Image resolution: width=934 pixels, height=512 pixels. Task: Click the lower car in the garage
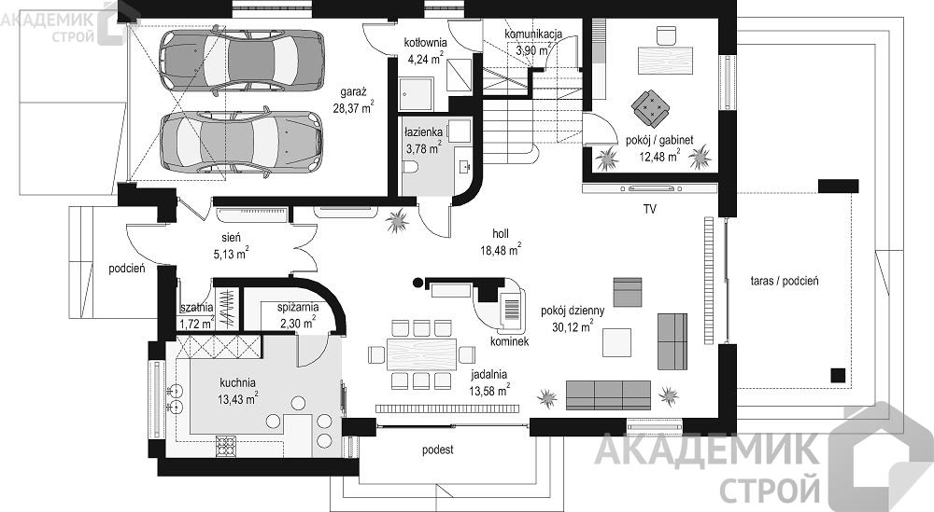tap(242, 142)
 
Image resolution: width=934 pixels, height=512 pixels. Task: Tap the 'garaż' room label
tap(353, 92)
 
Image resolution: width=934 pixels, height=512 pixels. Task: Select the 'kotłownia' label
tap(425, 43)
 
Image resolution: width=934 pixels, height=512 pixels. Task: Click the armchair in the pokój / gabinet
tap(650, 108)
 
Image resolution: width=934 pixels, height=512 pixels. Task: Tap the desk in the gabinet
tap(665, 60)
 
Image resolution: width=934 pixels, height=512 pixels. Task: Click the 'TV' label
tap(649, 209)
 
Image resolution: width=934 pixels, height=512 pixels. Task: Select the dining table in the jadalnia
tap(422, 354)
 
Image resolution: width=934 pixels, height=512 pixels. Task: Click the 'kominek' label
tap(509, 342)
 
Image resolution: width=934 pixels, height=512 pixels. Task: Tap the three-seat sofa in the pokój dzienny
tap(608, 395)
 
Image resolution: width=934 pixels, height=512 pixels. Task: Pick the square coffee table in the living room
tap(616, 342)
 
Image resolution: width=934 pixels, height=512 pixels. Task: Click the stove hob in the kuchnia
tap(226, 446)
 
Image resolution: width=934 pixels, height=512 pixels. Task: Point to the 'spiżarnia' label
tap(298, 308)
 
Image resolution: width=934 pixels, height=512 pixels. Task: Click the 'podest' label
tap(438, 450)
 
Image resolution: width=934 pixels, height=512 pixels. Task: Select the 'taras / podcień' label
tap(784, 282)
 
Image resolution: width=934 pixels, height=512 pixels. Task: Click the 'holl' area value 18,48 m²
tap(501, 250)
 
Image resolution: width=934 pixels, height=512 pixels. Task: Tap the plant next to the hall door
tap(397, 222)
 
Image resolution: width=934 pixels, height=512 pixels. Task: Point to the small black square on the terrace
tap(838, 375)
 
